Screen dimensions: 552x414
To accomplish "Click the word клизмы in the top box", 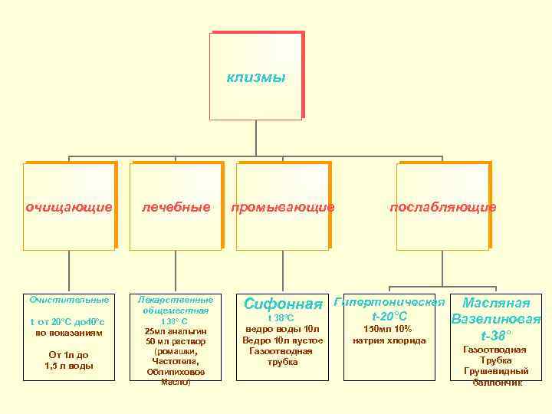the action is (x=256, y=77).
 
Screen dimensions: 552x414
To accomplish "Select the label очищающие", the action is (x=69, y=207).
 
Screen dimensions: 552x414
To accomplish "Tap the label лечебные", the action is (x=176, y=207).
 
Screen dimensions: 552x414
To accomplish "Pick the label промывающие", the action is (x=283, y=207).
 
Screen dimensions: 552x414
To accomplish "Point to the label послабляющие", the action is (x=443, y=207).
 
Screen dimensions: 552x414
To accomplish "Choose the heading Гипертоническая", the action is (x=389, y=301).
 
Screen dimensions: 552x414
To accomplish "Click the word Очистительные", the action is (x=69, y=299).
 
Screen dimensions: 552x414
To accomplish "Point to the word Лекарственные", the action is (x=175, y=301).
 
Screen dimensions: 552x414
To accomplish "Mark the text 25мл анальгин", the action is (x=175, y=331).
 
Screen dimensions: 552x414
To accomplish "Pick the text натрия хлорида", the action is (x=389, y=340).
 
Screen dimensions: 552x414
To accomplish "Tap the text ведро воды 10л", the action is (x=282, y=329).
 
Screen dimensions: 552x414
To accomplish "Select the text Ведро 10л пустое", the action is (x=282, y=340).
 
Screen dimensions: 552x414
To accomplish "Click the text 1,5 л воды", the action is (x=69, y=366).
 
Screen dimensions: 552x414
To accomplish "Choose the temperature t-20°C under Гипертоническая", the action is (x=389, y=316).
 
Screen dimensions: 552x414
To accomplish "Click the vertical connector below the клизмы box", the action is (x=256, y=139).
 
